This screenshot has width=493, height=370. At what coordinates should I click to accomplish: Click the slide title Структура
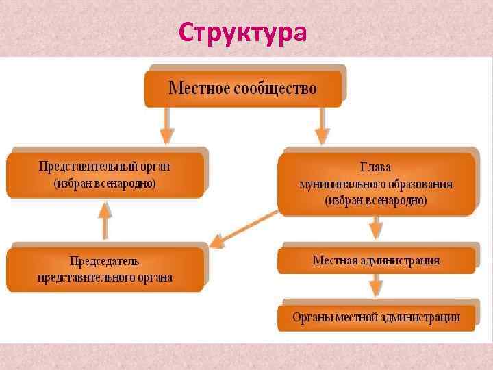click(x=243, y=32)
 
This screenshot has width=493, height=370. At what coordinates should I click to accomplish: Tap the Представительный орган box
click(x=105, y=175)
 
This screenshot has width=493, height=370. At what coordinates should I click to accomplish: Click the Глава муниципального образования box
click(x=376, y=184)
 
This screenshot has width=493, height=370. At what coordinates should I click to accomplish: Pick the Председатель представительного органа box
click(x=105, y=269)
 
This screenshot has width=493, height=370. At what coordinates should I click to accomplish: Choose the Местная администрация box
click(x=376, y=260)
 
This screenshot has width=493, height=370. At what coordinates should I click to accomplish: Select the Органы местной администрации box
click(x=376, y=317)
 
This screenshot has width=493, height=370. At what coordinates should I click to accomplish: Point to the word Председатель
click(x=105, y=261)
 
